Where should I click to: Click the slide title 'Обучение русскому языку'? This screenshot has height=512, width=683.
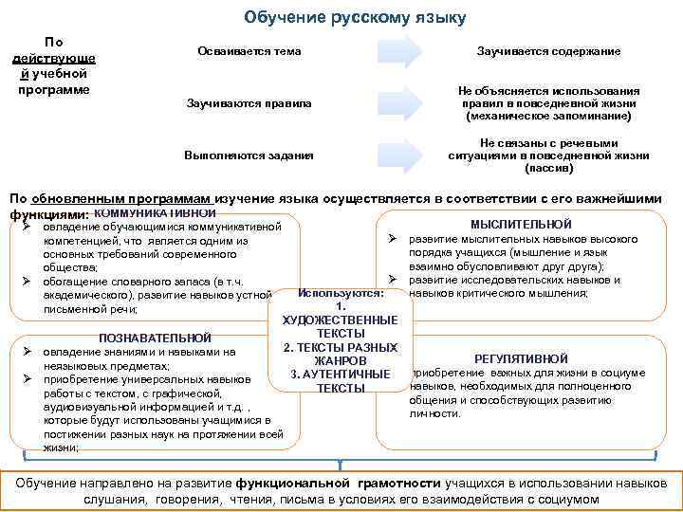coord(355,17)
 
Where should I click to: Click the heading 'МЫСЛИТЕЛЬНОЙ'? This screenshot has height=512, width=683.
coord(521,224)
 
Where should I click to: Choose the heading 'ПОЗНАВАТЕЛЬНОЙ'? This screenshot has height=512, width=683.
coord(155,338)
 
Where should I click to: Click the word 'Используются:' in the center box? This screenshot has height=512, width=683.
coord(339,292)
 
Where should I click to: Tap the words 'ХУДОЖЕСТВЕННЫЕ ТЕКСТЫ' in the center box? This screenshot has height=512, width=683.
coord(340,327)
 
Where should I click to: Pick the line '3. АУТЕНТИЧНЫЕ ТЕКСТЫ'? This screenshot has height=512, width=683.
coord(340,381)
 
